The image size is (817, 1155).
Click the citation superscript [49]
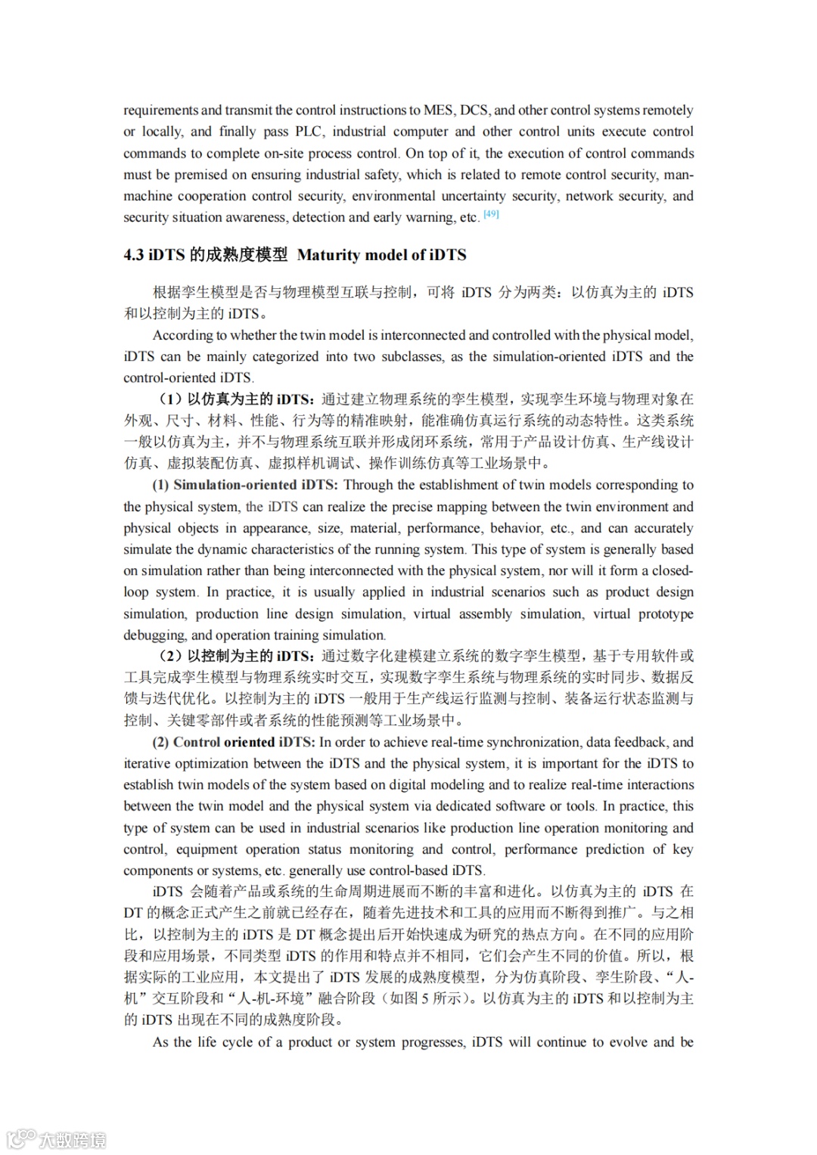[491, 215]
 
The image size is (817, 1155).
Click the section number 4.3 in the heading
[134, 255]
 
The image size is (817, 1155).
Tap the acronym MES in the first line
[440, 110]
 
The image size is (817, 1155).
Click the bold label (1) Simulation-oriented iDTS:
[245, 485]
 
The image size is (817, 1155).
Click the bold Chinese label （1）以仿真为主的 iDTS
[236, 399]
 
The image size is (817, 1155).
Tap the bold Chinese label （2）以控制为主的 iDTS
[236, 655]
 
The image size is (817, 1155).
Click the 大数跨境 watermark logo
[56, 1138]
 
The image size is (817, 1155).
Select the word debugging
[154, 635]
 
